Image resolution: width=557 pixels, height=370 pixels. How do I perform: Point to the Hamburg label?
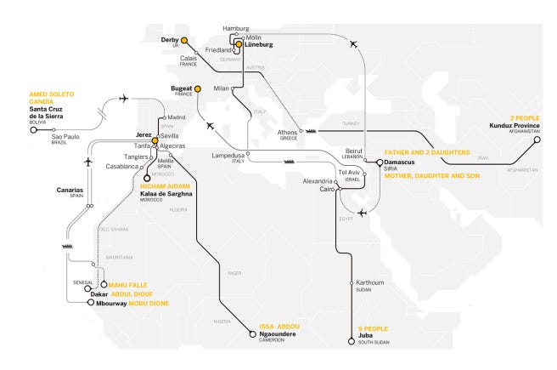tap(236, 29)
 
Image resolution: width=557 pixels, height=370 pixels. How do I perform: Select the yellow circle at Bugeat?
tap(197, 88)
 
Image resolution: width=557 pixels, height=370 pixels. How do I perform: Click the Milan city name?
tap(222, 88)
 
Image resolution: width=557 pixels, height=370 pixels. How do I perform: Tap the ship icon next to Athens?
tap(311, 131)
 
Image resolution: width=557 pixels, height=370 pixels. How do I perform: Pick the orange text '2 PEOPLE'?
tap(524, 117)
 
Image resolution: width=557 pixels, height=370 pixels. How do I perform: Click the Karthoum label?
tap(370, 282)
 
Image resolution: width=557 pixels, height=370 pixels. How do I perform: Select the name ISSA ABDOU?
tap(278, 326)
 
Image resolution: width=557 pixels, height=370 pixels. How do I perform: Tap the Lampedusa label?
tap(228, 156)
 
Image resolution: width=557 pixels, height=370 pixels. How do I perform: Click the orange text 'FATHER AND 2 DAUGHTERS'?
tap(421, 152)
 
